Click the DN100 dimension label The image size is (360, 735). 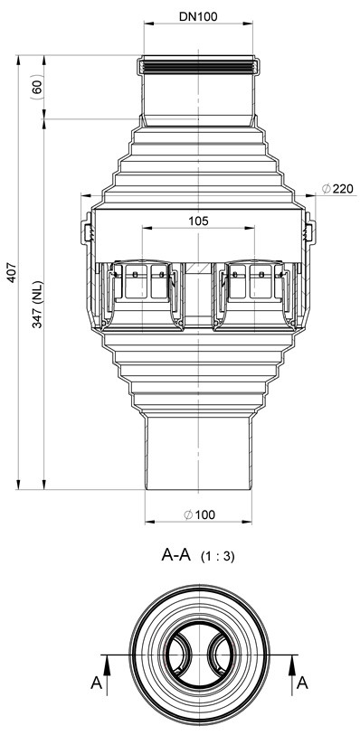click(x=198, y=17)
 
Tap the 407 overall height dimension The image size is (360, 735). click(x=12, y=272)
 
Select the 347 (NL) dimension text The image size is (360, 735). click(x=38, y=305)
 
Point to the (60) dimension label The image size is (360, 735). click(x=37, y=87)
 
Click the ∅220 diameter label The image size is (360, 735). click(x=337, y=189)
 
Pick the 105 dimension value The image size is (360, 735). click(x=199, y=221)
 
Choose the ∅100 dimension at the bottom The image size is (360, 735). click(x=199, y=514)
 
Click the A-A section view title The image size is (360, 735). click(x=175, y=554)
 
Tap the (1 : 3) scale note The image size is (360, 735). click(x=217, y=557)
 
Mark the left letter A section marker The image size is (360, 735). click(x=96, y=683)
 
